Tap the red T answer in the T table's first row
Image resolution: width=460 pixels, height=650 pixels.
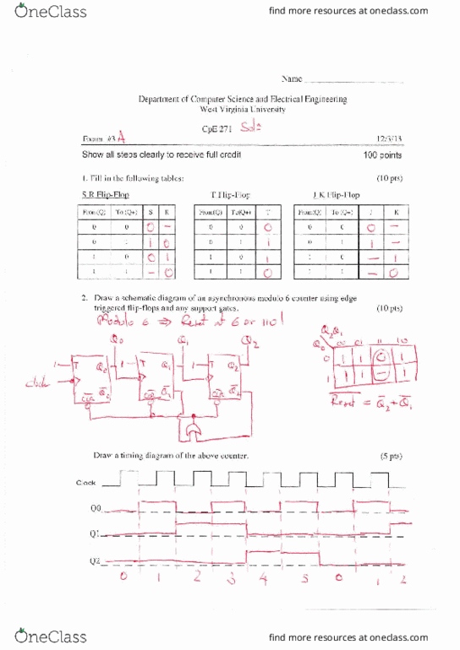[x=267, y=228]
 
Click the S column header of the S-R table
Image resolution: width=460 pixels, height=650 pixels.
[x=151, y=213]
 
